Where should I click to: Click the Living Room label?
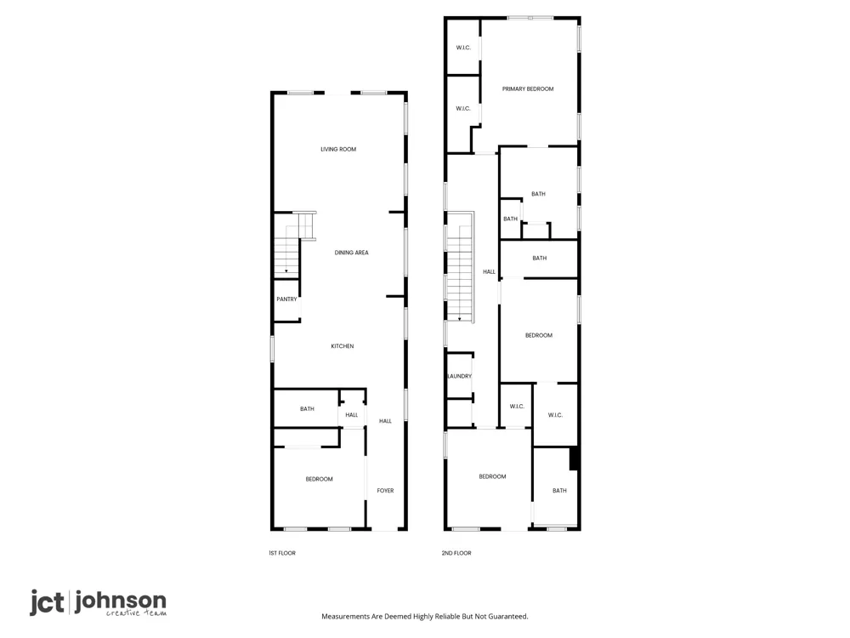click(x=338, y=149)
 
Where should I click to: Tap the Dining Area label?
click(x=351, y=253)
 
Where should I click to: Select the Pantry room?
click(x=286, y=299)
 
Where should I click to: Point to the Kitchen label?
click(x=342, y=346)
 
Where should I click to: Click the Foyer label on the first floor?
click(x=385, y=491)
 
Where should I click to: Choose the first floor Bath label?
click(x=307, y=409)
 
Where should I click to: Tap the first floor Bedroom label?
click(x=319, y=479)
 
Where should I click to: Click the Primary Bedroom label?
click(x=528, y=89)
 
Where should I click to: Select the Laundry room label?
click(x=460, y=376)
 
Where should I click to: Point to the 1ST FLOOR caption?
click(x=282, y=553)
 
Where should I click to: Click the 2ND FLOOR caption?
click(x=456, y=553)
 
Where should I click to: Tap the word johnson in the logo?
click(x=121, y=601)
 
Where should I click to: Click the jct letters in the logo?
click(x=47, y=603)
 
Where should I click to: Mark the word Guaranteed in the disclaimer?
click(x=508, y=616)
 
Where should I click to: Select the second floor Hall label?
click(x=489, y=272)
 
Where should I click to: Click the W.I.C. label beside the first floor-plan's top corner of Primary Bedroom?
click(x=463, y=48)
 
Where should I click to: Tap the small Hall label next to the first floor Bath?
click(x=351, y=415)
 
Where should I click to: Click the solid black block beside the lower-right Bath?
click(x=574, y=459)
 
